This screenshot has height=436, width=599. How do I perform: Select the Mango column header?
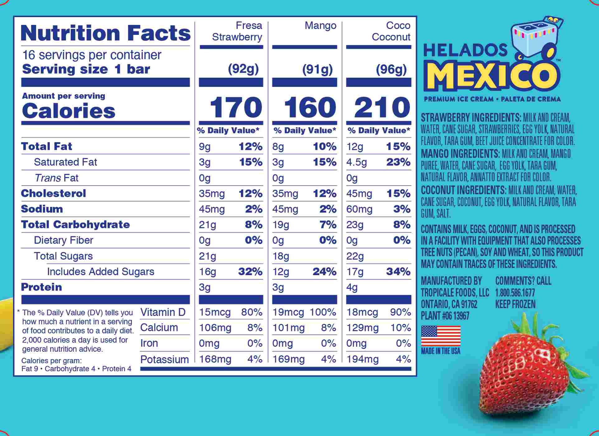coord(320,26)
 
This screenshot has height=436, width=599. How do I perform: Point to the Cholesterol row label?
coord(54,193)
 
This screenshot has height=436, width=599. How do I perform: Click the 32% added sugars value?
coord(250,272)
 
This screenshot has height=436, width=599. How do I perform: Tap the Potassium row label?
coord(164,359)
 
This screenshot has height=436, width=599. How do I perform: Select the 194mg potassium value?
coord(363,359)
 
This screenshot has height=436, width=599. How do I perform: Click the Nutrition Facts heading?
coord(105,33)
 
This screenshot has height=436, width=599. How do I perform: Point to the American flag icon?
coord(441,336)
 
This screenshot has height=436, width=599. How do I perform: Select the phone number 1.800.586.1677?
coord(515,293)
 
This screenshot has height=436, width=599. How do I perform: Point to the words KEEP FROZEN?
coord(515,304)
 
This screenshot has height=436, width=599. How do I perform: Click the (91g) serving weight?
coord(317,69)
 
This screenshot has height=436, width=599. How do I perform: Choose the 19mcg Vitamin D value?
coord(288,312)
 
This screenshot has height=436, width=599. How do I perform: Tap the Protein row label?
coord(41,287)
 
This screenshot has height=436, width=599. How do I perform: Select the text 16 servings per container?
coord(92,55)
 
